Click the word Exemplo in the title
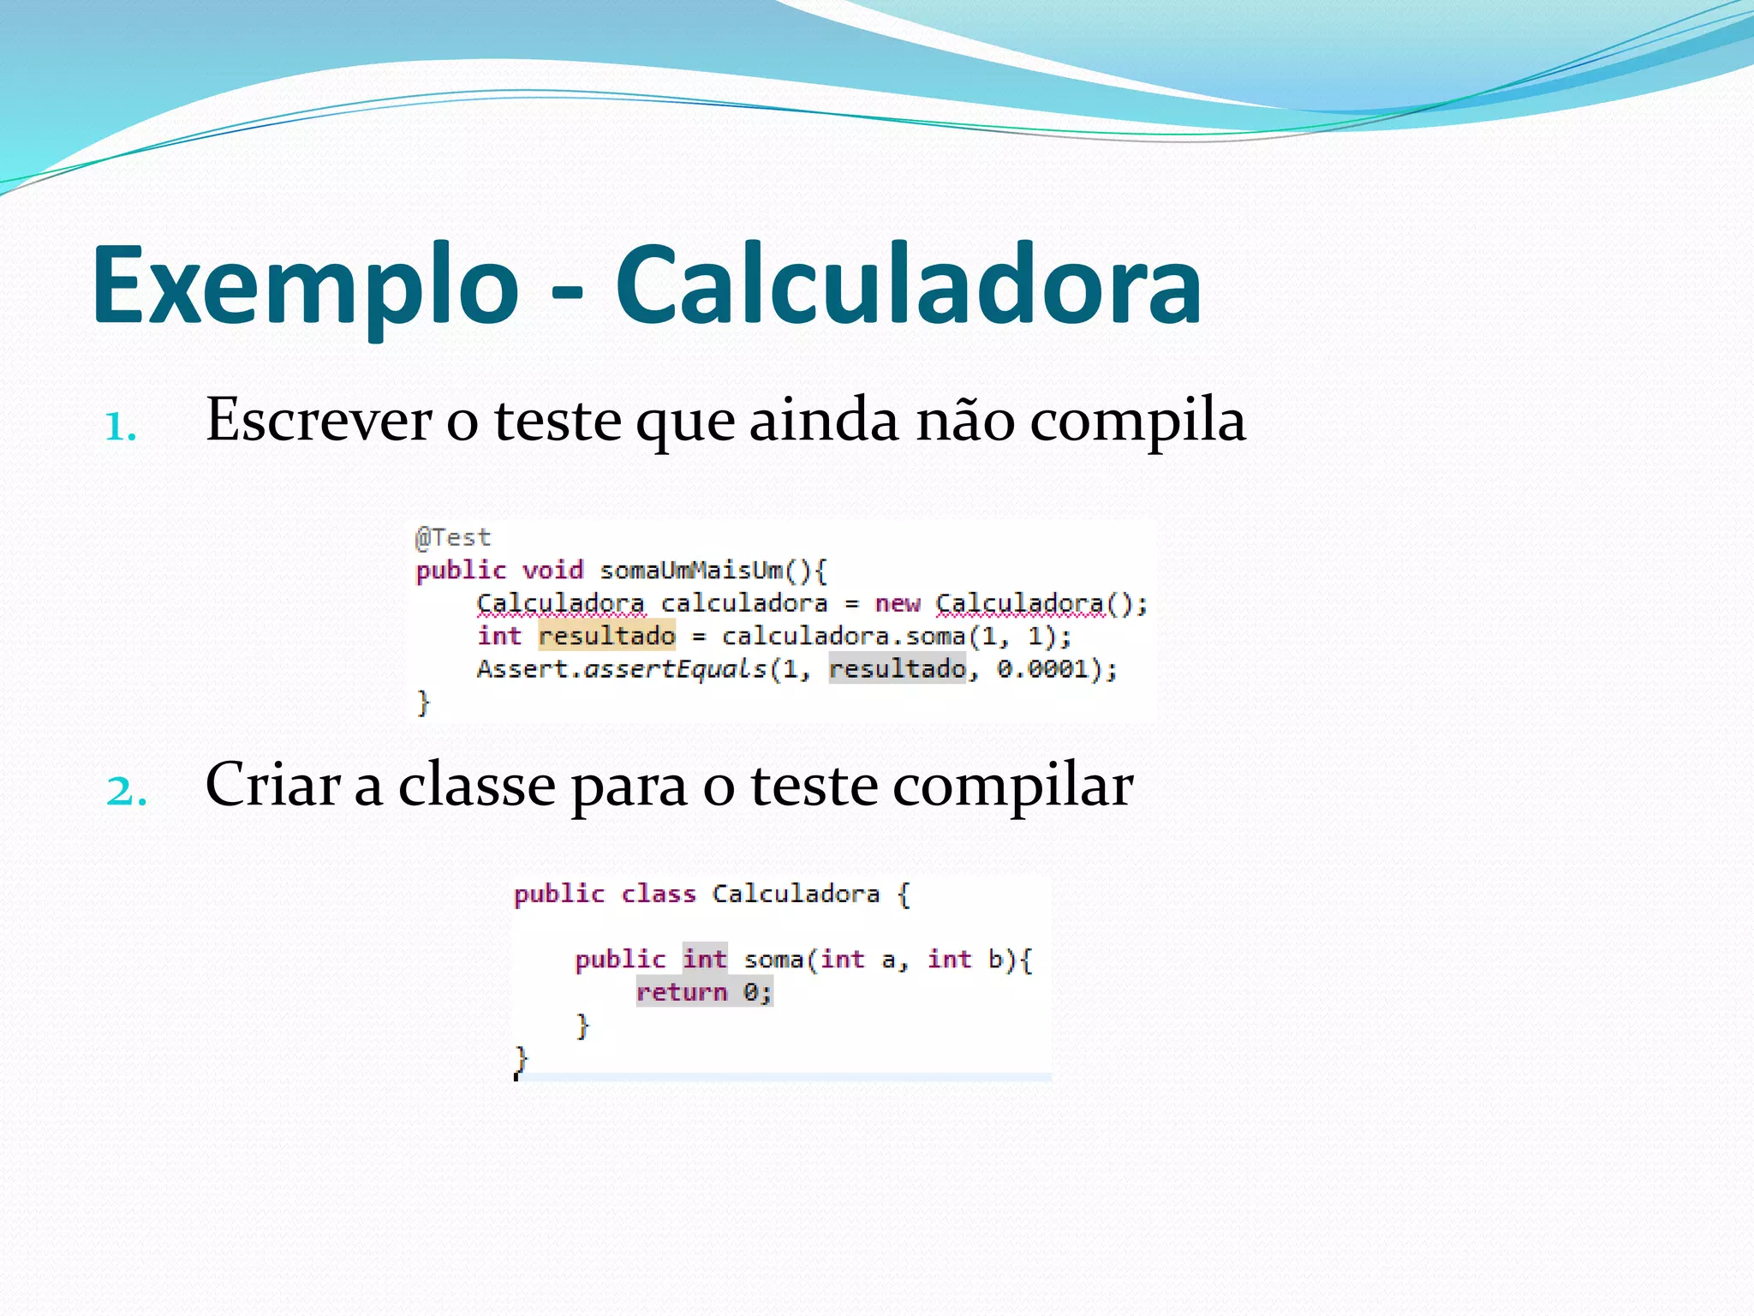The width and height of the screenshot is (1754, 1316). [305, 287]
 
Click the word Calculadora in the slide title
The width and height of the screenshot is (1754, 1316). [908, 287]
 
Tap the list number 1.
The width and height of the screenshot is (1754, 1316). [121, 427]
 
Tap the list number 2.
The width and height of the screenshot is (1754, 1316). [126, 790]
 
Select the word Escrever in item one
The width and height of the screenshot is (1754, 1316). [319, 421]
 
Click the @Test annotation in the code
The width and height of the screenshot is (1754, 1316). [452, 538]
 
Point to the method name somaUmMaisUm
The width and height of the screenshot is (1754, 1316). [692, 571]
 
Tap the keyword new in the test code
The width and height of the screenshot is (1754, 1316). [897, 604]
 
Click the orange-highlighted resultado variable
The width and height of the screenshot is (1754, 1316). [606, 636]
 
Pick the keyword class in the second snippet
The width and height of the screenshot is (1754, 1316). [658, 894]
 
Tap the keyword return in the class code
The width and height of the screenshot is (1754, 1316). [682, 992]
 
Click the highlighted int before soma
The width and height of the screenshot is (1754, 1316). [705, 960]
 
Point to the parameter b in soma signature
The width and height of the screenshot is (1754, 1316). [995, 960]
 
